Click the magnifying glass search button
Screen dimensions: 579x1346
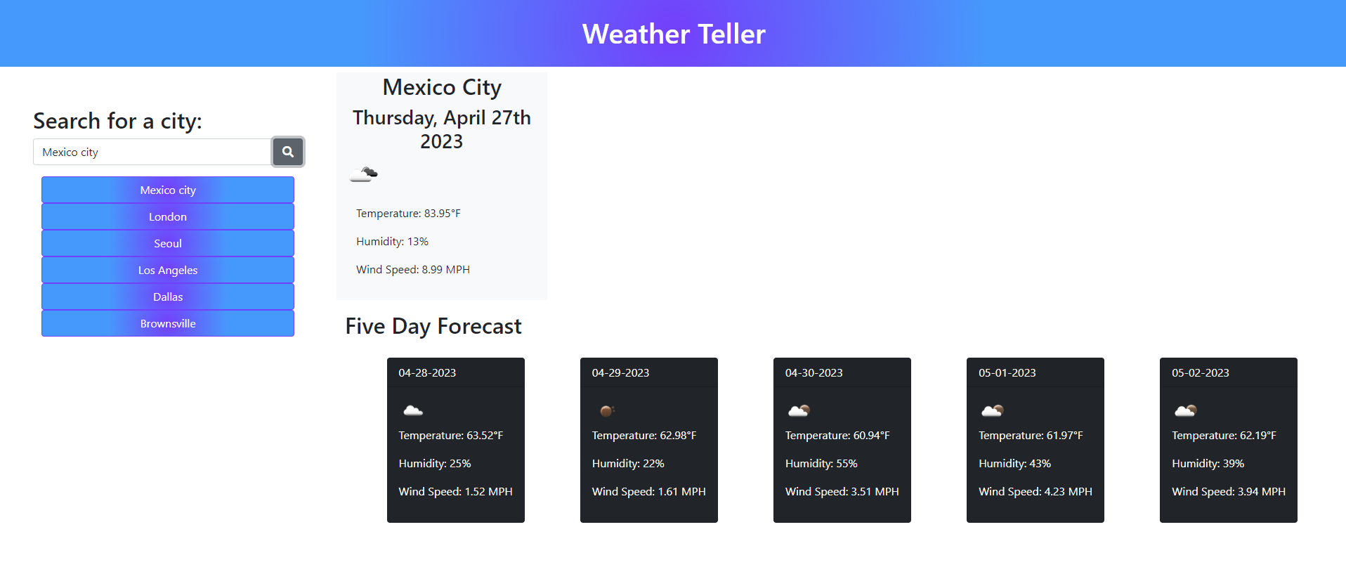coord(288,152)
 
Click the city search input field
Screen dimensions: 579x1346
coord(152,152)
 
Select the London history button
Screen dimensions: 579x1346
coord(168,217)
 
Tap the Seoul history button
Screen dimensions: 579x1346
coord(168,244)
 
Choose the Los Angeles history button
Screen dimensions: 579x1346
coord(168,271)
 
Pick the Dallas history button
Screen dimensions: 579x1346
coord(168,297)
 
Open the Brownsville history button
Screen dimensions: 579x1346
coord(168,324)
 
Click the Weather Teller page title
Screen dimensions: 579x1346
coord(674,34)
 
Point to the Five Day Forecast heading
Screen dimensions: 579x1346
coord(433,326)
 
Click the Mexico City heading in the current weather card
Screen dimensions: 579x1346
coord(442,87)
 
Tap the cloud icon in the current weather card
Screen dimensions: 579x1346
coord(364,174)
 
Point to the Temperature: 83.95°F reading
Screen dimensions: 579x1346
coord(408,214)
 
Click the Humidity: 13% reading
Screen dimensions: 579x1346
coord(392,242)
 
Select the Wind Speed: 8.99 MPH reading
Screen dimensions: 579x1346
coord(413,270)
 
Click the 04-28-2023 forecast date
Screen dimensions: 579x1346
coord(427,373)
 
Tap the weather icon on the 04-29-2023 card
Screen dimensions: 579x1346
coord(607,410)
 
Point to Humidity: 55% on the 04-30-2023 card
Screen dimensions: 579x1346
coord(821,464)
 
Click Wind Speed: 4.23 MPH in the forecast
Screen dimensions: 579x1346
coord(1035,492)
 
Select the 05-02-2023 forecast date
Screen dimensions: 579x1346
coord(1201,373)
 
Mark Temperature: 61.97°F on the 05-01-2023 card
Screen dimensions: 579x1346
coord(1031,436)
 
